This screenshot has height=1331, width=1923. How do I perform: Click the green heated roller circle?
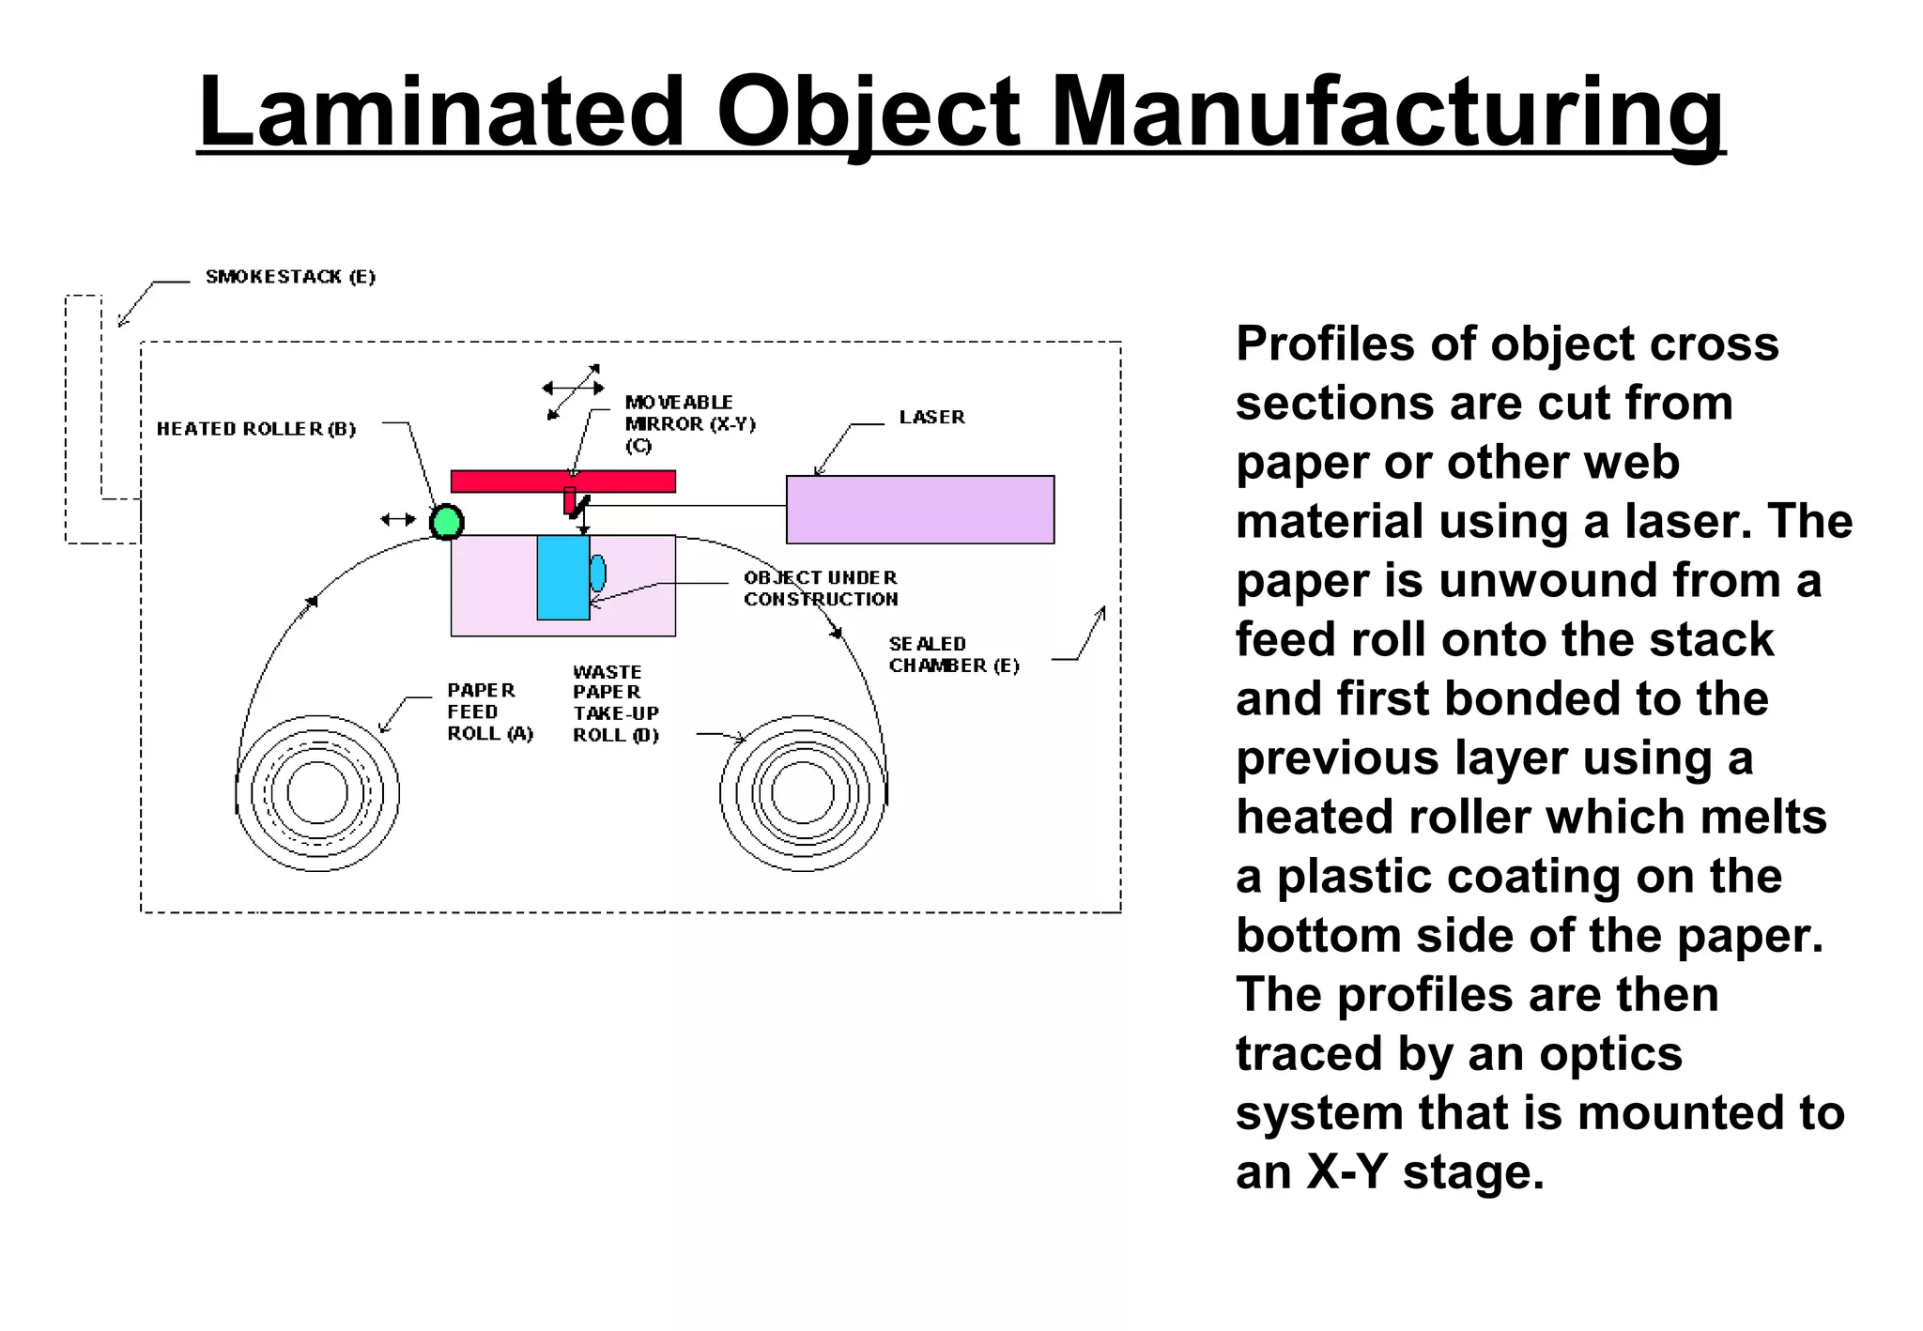click(447, 522)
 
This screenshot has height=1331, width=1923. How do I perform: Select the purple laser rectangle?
click(919, 510)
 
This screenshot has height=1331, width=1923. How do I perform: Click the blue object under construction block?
click(562, 578)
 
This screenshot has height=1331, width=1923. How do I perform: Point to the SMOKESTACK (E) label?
click(290, 277)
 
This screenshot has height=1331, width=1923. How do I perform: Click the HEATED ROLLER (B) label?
click(255, 429)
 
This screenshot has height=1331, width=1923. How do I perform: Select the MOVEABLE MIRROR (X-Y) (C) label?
click(689, 423)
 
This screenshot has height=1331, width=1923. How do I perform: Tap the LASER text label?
click(931, 417)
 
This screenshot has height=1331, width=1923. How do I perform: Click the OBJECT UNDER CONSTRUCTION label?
click(821, 589)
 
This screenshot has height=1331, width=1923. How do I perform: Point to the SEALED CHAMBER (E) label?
click(953, 655)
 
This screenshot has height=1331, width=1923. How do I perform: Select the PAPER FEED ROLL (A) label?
click(489, 712)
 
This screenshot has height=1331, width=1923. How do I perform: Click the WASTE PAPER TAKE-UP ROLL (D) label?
click(616, 704)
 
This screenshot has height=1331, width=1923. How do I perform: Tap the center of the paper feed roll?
click(317, 793)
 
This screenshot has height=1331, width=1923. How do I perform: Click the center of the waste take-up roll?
click(803, 793)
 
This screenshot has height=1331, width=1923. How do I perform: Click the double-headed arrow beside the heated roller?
click(398, 519)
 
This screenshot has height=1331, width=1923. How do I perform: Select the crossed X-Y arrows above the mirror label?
click(574, 390)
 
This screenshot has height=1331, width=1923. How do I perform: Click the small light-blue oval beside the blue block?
click(598, 574)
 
